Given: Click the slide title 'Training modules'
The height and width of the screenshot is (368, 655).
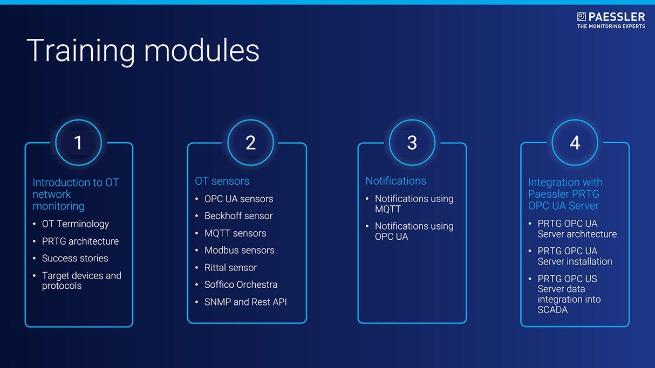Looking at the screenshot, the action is point(143,51).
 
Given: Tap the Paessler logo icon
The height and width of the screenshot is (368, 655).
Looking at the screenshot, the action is point(581,17).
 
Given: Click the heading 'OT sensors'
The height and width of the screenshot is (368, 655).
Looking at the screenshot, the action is point(222,181).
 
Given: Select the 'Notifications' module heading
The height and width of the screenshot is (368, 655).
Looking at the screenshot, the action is point(395,181).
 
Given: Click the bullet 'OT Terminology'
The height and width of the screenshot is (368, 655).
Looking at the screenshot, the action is point(76,224).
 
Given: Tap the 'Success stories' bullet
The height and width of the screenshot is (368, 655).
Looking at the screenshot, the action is point(75,258).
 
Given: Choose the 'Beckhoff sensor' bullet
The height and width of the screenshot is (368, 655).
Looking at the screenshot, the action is point(238,216).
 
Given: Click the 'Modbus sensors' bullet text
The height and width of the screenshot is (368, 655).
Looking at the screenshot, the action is point(239,251).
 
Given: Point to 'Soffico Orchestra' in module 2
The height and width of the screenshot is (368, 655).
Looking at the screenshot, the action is point(241,284).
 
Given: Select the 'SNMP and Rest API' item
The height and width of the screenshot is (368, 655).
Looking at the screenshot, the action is point(245,302).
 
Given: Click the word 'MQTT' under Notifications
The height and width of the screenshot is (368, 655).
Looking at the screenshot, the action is point(388,209).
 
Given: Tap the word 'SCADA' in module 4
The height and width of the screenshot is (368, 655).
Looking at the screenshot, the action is point(552,310).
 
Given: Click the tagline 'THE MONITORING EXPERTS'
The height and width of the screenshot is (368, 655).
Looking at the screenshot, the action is point(611,26).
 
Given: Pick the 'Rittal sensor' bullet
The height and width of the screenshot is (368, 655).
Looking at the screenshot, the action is point(230,268).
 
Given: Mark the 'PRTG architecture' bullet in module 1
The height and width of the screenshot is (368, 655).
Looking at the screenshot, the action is point(80,241).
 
